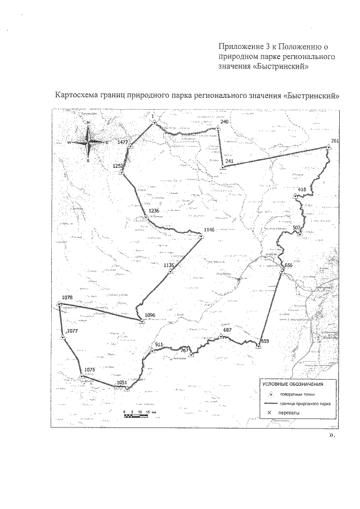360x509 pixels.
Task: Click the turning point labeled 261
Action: [x=328, y=148]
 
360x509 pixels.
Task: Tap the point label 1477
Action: [x=123, y=143]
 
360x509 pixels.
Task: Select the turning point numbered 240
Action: [x=218, y=129]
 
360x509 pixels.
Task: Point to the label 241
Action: [x=229, y=161]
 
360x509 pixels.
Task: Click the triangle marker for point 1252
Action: [x=121, y=173]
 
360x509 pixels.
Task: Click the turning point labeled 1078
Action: [x=59, y=305]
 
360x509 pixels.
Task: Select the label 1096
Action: [x=150, y=315]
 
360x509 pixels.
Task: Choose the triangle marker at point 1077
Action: [x=63, y=337]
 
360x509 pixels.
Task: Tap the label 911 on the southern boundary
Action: [x=159, y=344]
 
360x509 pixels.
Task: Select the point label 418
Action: [x=302, y=189]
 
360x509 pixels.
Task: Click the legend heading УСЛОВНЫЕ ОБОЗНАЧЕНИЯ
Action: [x=292, y=384]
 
